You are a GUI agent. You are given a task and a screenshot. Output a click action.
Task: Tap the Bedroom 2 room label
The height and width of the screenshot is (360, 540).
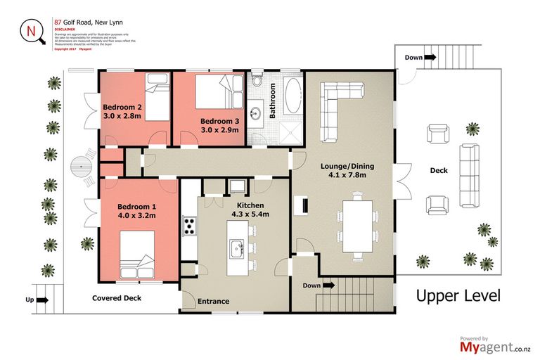pyautogui.click(x=122, y=107)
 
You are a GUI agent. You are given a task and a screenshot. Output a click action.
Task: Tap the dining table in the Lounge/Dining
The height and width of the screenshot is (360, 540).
pyautogui.click(x=358, y=226)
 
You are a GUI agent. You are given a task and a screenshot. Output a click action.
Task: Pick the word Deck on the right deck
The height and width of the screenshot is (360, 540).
pyautogui.click(x=439, y=171)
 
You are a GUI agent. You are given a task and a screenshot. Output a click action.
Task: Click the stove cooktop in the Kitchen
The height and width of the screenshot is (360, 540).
pyautogui.click(x=190, y=226)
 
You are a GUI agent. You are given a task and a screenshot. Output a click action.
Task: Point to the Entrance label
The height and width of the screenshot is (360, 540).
pyautogui.click(x=213, y=302)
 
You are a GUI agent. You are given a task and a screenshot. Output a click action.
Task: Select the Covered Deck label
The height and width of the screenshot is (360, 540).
pyautogui.click(x=117, y=298)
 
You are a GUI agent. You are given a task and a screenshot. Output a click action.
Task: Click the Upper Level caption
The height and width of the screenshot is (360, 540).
pyautogui.click(x=458, y=295)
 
